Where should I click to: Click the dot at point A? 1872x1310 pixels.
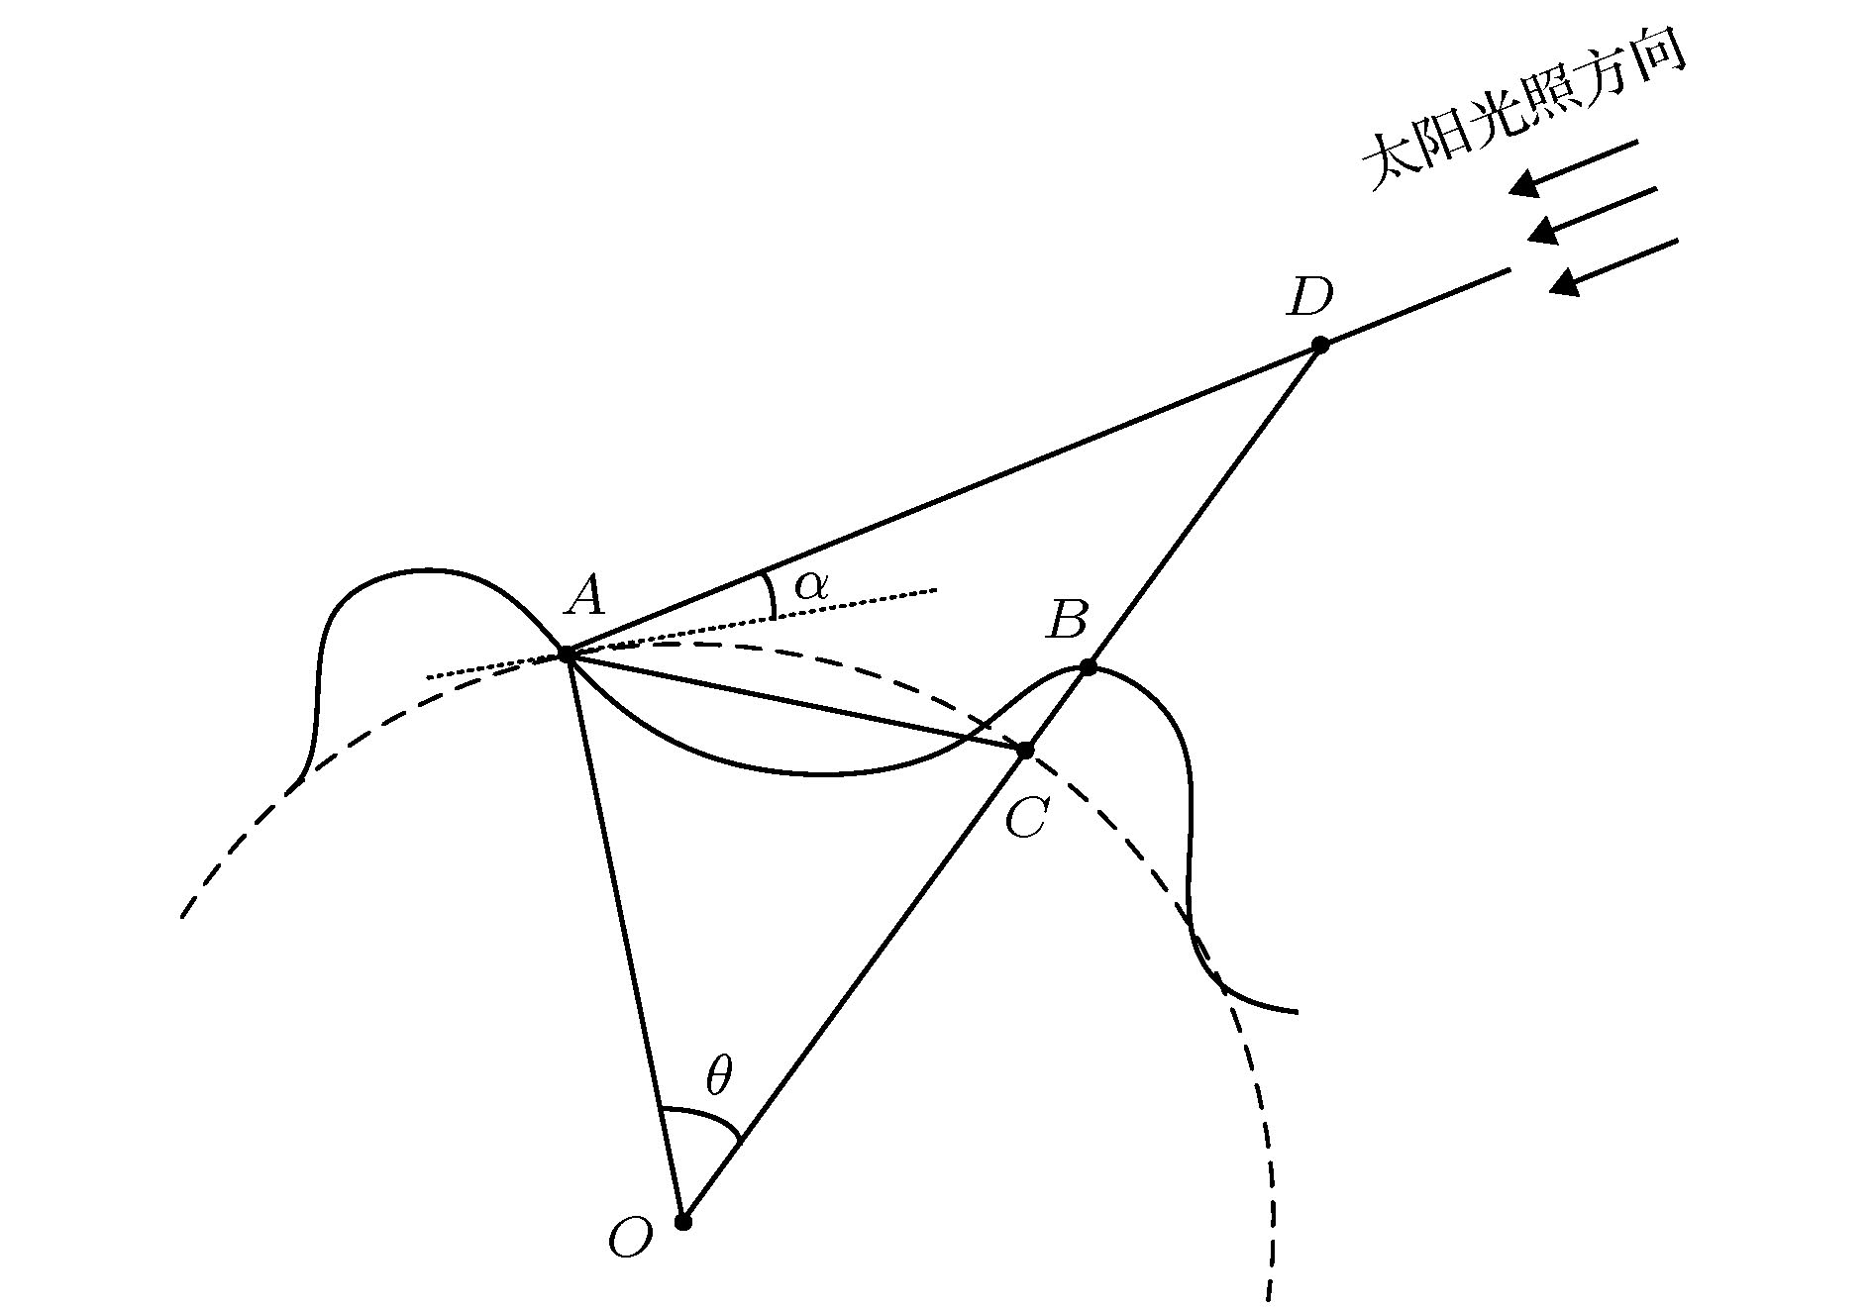point(567,654)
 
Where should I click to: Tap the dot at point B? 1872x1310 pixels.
point(1088,667)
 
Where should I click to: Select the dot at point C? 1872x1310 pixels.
point(1026,752)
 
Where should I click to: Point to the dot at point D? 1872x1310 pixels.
point(1320,345)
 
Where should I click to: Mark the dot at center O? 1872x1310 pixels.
point(682,1222)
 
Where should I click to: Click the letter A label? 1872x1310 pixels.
point(585,596)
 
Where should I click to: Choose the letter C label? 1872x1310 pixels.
point(1025,819)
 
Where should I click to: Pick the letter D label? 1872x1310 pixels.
point(1308,296)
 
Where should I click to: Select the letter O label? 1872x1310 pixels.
point(631,1238)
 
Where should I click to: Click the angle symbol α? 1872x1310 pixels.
point(809,586)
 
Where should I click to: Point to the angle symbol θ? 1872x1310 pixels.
point(718,1076)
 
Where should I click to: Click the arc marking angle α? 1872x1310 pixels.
point(772,594)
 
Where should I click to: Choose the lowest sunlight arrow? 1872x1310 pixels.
point(1613,265)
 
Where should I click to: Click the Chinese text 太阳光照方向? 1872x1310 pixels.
point(1523,115)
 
